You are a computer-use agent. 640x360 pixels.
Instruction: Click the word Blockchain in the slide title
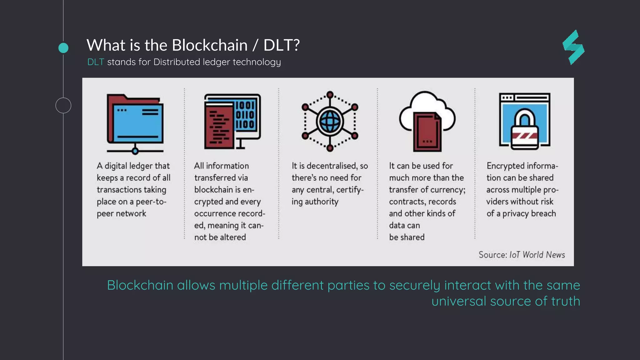coord(209,45)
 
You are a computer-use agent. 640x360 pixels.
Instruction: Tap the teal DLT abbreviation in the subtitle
coord(96,62)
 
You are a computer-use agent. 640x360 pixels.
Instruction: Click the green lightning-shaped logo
coord(574,47)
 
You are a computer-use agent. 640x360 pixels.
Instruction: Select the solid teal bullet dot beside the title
coord(63,48)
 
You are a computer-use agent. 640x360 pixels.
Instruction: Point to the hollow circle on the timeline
coord(63,105)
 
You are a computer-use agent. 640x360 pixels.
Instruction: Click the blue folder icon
coord(135,122)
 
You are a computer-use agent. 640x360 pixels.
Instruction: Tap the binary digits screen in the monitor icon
coord(245,115)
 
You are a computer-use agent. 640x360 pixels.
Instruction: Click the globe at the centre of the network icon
coord(330,121)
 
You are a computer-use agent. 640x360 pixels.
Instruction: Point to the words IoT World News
coord(537,255)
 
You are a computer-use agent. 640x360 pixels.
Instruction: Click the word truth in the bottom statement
coord(565,301)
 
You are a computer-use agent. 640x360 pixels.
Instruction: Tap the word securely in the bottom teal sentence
coord(415,285)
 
